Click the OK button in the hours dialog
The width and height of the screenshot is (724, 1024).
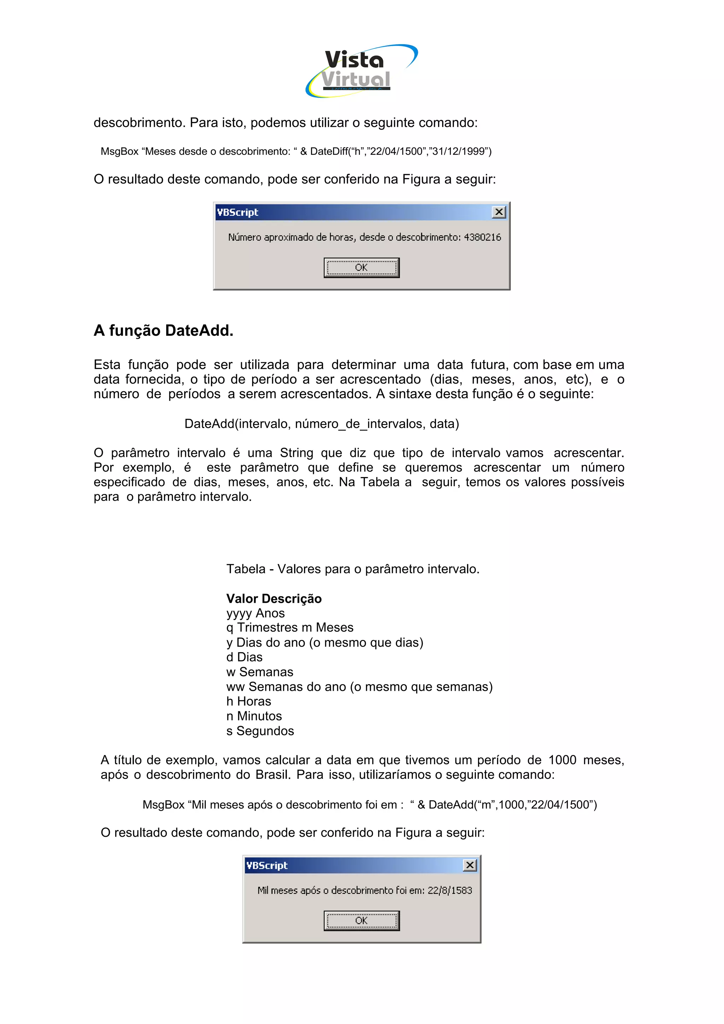tap(361, 267)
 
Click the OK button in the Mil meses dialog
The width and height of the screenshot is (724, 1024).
tap(361, 920)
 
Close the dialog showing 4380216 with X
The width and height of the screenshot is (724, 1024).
tap(499, 212)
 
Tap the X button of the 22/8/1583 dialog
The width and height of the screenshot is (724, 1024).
tap(470, 865)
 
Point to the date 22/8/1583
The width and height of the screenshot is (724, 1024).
tap(450, 890)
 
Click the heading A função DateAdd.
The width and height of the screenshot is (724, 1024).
tap(163, 330)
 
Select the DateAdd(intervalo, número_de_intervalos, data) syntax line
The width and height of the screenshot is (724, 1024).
tap(322, 423)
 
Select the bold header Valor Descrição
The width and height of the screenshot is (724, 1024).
tap(274, 599)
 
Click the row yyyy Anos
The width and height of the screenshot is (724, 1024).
tap(255, 613)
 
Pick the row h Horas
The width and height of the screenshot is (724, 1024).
tap(249, 701)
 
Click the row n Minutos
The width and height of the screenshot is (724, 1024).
tap(254, 716)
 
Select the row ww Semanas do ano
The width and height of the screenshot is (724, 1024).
tap(359, 687)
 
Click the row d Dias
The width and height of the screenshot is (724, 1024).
tap(244, 657)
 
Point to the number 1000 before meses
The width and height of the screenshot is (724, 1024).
tap(562, 760)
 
